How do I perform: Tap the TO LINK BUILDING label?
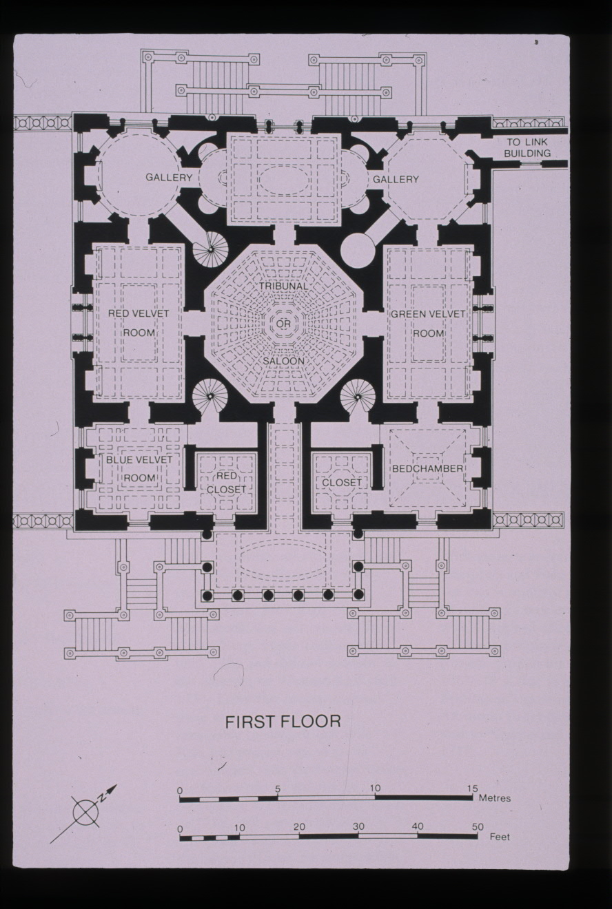tap(527, 147)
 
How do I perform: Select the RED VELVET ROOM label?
tap(139, 323)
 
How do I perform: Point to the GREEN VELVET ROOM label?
tap(428, 324)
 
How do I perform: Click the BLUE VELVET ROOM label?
tap(139, 469)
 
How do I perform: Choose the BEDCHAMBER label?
tap(427, 469)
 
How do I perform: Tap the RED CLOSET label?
tap(226, 483)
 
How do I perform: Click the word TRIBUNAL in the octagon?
tap(284, 286)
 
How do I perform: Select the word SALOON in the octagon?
tap(283, 361)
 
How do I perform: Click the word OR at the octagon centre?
tap(284, 324)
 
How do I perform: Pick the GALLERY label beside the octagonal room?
tap(396, 179)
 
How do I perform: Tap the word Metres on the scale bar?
tap(495, 798)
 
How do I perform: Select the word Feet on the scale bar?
tap(500, 837)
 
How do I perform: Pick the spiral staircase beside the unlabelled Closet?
tap(358, 395)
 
